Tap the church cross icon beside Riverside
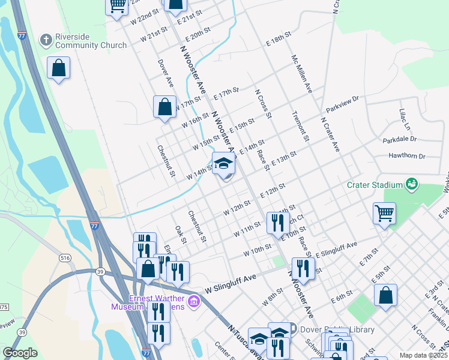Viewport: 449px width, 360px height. tap(45, 40)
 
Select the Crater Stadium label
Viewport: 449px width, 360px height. tap(375, 185)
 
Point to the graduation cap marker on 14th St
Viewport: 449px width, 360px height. tap(223, 163)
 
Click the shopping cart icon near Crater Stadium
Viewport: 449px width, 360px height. tap(384, 213)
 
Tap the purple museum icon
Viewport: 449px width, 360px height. tap(193, 301)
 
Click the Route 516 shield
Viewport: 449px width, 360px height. tap(65, 257)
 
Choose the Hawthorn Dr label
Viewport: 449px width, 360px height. tap(406, 156)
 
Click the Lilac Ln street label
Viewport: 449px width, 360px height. tap(405, 120)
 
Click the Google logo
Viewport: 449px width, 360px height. tap(20, 352)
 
